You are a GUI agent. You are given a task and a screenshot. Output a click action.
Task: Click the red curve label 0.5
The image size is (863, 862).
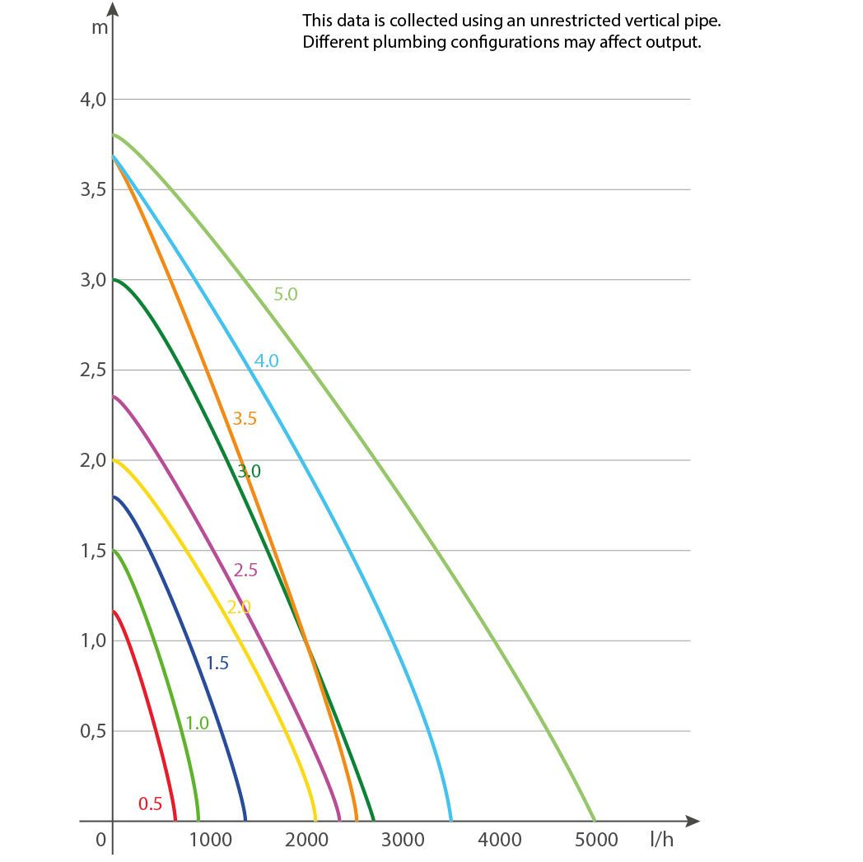(x=150, y=804)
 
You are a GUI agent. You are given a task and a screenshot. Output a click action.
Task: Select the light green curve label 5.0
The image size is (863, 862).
(x=285, y=294)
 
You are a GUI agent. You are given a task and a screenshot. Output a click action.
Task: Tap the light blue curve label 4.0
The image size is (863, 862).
(x=266, y=361)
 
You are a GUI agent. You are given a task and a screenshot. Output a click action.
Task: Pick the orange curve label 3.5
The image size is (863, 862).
(x=245, y=418)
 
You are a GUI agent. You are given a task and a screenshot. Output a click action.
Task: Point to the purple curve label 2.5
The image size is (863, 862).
(x=245, y=570)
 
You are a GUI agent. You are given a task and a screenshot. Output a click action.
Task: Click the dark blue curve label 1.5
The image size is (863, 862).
(x=217, y=663)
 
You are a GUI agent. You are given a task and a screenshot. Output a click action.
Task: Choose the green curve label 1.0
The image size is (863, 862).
(x=197, y=723)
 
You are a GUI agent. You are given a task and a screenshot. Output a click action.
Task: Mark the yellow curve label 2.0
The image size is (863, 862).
(x=239, y=607)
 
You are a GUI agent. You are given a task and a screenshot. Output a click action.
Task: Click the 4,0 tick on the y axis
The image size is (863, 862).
(x=93, y=100)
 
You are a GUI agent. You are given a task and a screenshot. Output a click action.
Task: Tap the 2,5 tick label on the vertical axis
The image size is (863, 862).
(x=93, y=370)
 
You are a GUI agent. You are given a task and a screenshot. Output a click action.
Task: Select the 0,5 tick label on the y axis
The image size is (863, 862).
(x=93, y=731)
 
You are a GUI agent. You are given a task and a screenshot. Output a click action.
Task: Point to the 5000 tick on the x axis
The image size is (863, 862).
(x=595, y=839)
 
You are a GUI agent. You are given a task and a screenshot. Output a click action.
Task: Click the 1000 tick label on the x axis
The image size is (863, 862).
(x=210, y=839)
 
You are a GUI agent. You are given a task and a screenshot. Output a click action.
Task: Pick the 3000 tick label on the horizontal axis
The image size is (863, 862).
(x=403, y=839)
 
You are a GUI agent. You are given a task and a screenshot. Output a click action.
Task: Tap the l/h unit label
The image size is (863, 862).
(x=661, y=839)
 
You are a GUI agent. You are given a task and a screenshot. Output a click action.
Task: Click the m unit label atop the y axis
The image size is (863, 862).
(x=100, y=26)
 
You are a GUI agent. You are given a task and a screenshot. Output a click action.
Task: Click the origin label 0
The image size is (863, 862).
(x=100, y=839)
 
